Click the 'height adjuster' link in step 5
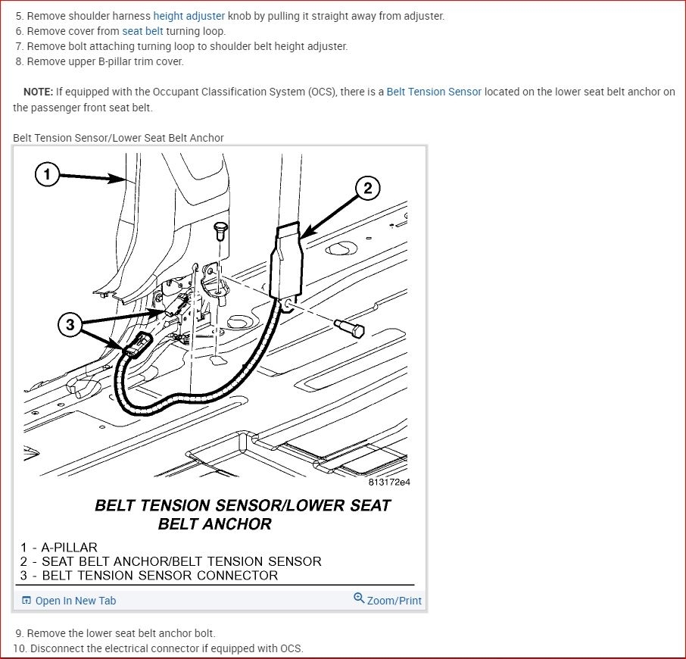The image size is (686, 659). [189, 16]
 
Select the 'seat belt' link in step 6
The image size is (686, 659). [142, 31]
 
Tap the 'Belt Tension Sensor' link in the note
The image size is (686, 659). [434, 92]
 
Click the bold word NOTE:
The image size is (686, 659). [38, 92]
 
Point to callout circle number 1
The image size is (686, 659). [47, 174]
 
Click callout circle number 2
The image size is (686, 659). [367, 188]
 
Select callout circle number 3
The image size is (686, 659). [70, 325]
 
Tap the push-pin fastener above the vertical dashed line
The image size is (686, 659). [220, 230]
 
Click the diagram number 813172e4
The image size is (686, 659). [389, 483]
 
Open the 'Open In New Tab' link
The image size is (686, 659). [75, 601]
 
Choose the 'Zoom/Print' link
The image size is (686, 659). [394, 601]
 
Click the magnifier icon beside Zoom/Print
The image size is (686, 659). [359, 598]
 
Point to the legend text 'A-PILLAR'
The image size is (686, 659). [69, 548]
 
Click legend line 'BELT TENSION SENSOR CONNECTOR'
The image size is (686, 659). [160, 576]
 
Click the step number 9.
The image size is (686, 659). [19, 633]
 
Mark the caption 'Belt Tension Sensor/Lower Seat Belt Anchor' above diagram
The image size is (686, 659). [118, 138]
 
